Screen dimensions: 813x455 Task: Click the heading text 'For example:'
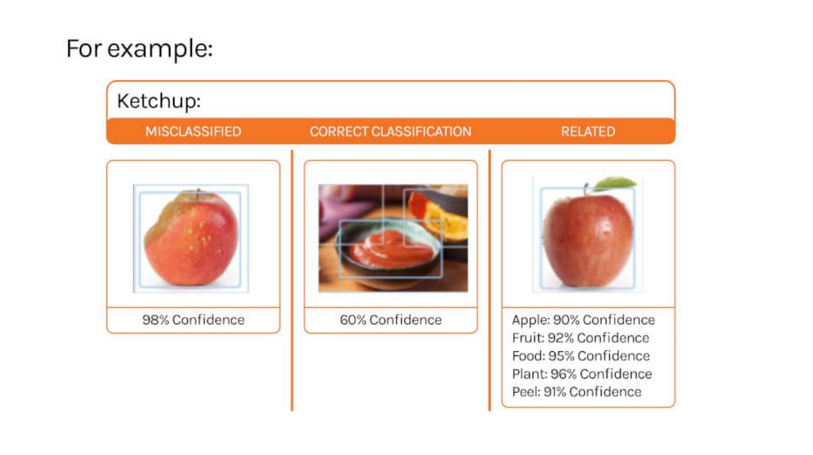pyautogui.click(x=140, y=49)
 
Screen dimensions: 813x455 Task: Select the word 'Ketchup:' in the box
pyautogui.click(x=159, y=101)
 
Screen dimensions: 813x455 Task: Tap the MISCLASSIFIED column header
pyautogui.click(x=193, y=132)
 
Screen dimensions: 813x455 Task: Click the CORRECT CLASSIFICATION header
pyautogui.click(x=390, y=132)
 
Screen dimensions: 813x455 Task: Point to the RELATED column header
pyautogui.click(x=588, y=132)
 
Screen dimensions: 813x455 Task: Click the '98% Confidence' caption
pyautogui.click(x=193, y=320)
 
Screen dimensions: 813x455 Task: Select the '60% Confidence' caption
pyautogui.click(x=391, y=320)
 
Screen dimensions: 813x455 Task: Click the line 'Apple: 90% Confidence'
pyautogui.click(x=583, y=320)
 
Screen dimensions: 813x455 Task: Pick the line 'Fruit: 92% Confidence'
pyautogui.click(x=581, y=338)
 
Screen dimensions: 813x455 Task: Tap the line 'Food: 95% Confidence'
pyautogui.click(x=581, y=356)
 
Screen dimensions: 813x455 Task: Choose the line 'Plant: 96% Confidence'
pyautogui.click(x=582, y=374)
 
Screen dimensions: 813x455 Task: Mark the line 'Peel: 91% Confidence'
pyautogui.click(x=577, y=392)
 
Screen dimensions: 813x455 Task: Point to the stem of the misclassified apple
pyautogui.click(x=198, y=193)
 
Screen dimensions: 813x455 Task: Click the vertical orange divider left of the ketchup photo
pyautogui.click(x=292, y=280)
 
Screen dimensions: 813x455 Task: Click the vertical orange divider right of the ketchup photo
pyautogui.click(x=490, y=280)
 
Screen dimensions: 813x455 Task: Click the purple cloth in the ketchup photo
pyautogui.click(x=340, y=206)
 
